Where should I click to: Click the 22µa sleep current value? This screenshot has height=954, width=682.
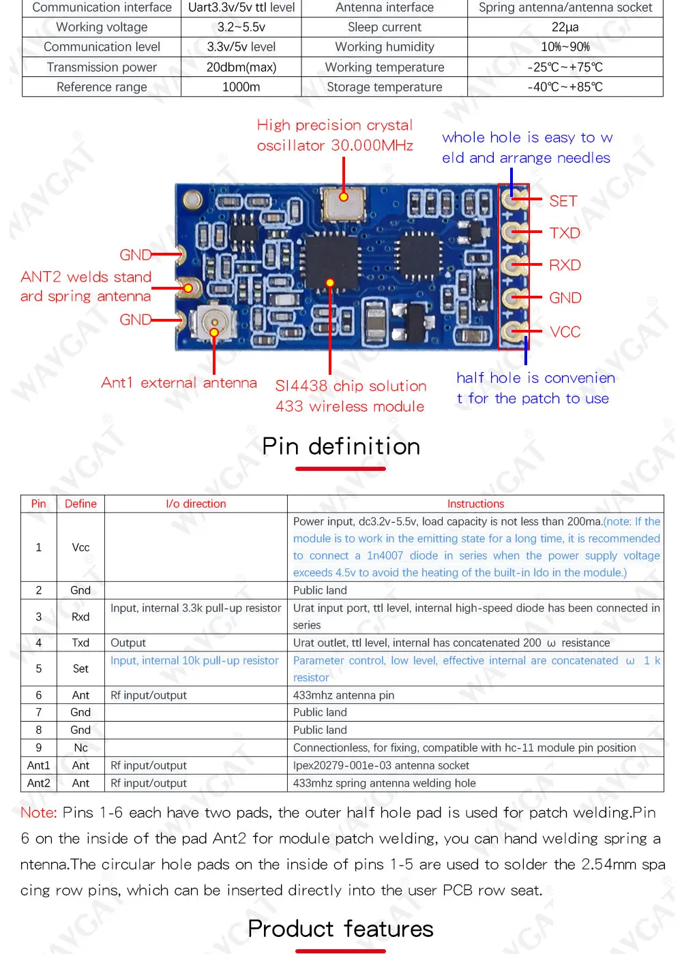pyautogui.click(x=565, y=27)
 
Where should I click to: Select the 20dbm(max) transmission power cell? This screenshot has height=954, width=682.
pyautogui.click(x=241, y=67)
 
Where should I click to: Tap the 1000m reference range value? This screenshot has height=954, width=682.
pyautogui.click(x=241, y=87)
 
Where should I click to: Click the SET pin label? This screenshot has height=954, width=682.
pyautogui.click(x=563, y=201)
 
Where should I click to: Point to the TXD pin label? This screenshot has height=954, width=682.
pyautogui.click(x=565, y=233)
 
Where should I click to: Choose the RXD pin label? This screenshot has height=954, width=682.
pyautogui.click(x=565, y=265)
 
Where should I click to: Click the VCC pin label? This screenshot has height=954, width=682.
pyautogui.click(x=565, y=332)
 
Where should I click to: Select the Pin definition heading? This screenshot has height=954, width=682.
pyautogui.click(x=341, y=446)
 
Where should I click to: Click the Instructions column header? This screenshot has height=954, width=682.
pyautogui.click(x=475, y=504)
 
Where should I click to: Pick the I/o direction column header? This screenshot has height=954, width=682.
pyautogui.click(x=196, y=504)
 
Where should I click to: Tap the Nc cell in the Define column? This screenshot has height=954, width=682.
pyautogui.click(x=80, y=748)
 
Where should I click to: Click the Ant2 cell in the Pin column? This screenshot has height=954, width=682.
pyautogui.click(x=39, y=783)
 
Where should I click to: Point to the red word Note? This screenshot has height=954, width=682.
pyautogui.click(x=38, y=812)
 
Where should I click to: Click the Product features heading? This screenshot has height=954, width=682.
pyautogui.click(x=341, y=929)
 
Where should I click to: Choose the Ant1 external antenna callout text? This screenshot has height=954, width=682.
pyautogui.click(x=179, y=383)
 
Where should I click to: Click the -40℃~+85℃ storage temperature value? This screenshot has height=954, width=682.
pyautogui.click(x=565, y=87)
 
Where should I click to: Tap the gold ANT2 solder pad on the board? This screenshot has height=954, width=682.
pyautogui.click(x=188, y=288)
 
